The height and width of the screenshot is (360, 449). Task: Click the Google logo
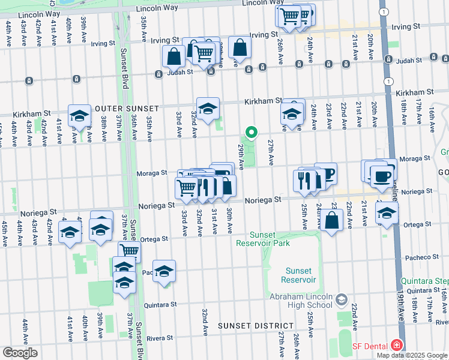(20, 352)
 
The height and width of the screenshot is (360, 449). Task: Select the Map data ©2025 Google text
(412, 355)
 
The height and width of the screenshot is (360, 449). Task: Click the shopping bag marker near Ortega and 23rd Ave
(331, 220)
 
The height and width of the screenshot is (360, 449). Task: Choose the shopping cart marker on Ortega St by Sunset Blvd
(129, 251)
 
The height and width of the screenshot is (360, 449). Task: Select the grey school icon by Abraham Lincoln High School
(342, 299)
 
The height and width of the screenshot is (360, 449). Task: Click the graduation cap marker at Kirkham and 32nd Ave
(208, 109)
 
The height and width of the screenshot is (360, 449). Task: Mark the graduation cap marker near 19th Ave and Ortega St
(387, 212)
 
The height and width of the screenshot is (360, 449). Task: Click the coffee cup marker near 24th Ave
(327, 175)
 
